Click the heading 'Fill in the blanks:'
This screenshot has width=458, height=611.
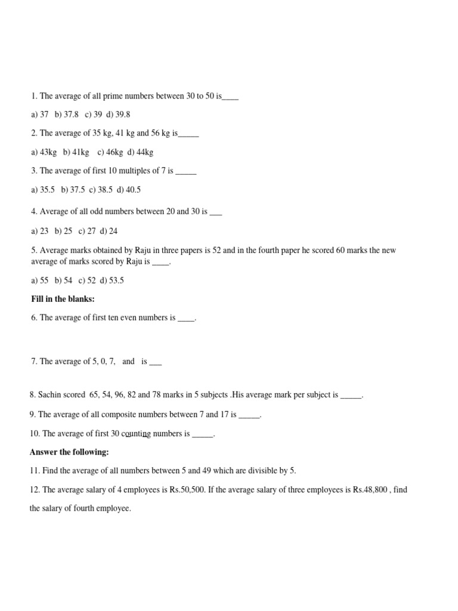63,299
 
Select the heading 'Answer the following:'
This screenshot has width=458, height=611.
69,453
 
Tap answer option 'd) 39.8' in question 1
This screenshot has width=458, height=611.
118,114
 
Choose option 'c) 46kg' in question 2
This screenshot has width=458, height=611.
110,153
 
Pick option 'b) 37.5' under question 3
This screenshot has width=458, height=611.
73,190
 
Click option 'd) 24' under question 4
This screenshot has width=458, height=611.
109,231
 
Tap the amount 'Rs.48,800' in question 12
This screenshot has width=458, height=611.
371,490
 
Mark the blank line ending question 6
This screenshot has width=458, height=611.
186,318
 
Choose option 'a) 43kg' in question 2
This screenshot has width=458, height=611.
44,153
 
